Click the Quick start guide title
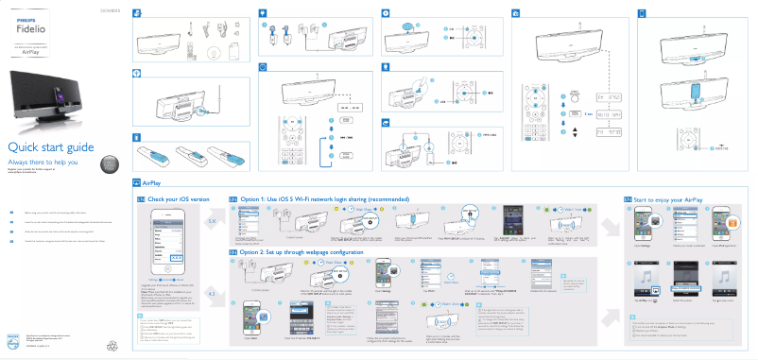click(x=48, y=147)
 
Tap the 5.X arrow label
click(x=212, y=221)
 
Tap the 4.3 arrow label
click(x=212, y=295)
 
